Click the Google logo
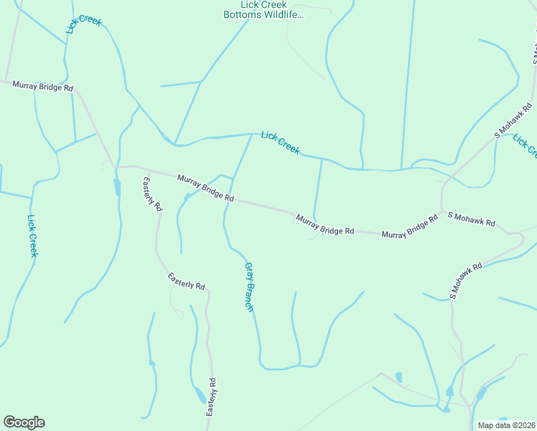24,422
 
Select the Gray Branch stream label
249,287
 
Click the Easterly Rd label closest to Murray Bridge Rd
153,194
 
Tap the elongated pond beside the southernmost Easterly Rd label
199,394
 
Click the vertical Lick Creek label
32,236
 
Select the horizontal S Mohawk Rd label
471,219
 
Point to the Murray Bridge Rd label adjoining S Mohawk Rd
410,227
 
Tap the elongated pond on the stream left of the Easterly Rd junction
116,187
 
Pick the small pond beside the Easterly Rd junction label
187,196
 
